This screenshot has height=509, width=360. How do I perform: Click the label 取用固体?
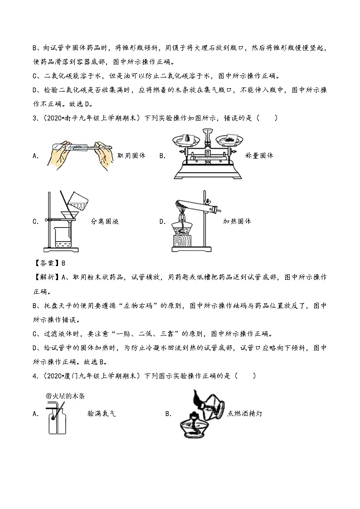click(131, 155)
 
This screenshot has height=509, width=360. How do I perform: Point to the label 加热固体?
click(237, 221)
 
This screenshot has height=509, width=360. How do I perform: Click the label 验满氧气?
click(102, 413)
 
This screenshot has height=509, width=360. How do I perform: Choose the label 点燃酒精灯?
click(245, 413)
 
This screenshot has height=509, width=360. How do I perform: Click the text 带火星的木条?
click(65, 396)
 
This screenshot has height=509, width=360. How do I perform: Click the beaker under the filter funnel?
click(63, 237)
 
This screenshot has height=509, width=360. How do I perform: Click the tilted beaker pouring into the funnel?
click(78, 200)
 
